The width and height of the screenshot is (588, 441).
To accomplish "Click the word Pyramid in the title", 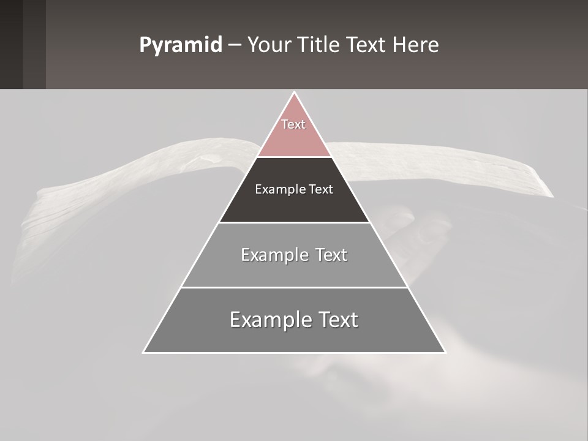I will click(181, 45).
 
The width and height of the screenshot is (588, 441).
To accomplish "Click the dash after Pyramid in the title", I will click(235, 46).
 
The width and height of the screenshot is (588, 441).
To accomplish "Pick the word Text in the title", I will click(366, 45).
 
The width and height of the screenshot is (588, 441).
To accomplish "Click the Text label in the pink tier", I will click(293, 124).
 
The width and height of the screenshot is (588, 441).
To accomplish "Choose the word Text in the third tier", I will click(331, 255).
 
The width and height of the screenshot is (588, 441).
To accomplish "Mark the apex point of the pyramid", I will click(294, 92).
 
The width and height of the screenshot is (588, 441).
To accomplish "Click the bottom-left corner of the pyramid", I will click(143, 352).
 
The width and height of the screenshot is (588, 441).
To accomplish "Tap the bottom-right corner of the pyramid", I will click(445, 352).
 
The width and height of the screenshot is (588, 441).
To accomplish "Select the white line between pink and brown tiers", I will click(294, 157).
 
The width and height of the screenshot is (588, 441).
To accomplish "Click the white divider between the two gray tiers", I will click(294, 287).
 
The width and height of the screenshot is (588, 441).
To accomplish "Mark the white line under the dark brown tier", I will click(294, 222).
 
